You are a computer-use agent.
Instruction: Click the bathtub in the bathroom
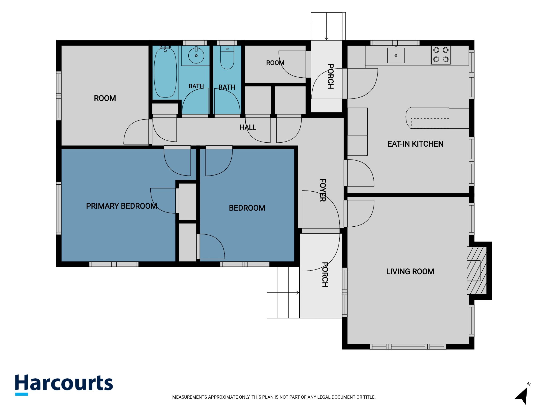click(165, 72)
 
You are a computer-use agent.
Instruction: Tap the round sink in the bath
click(196, 56)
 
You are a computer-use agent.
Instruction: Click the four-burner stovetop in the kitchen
click(441, 55)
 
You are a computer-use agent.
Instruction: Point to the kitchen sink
click(396, 55)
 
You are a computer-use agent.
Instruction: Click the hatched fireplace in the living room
click(477, 271)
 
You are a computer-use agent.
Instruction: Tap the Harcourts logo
click(64, 385)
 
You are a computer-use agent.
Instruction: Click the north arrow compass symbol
click(523, 394)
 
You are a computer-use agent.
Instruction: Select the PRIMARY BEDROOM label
click(121, 206)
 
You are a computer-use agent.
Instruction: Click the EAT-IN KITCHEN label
click(415, 144)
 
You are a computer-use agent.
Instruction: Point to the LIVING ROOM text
click(410, 272)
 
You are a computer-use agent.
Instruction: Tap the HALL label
click(248, 127)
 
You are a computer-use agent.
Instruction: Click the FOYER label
click(323, 190)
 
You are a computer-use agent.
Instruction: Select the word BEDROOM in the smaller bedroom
click(247, 208)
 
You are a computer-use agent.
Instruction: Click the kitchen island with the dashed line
click(427, 118)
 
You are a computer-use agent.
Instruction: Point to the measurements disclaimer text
click(274, 397)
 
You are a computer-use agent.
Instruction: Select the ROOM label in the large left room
click(105, 98)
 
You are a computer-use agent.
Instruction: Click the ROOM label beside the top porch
click(275, 63)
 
